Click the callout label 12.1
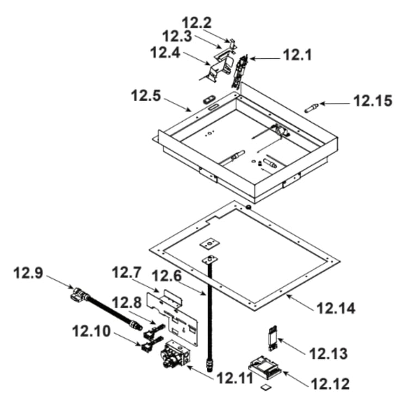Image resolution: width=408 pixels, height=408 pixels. [x=297, y=55]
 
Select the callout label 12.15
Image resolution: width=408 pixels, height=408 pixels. [x=373, y=101]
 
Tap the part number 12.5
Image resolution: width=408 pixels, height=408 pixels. [x=146, y=96]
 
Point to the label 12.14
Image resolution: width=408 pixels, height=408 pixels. [x=336, y=308]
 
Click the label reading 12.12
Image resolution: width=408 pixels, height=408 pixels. [x=330, y=384]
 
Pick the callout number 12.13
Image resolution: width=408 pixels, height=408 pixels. [x=329, y=354]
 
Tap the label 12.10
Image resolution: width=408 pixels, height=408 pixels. [x=91, y=331]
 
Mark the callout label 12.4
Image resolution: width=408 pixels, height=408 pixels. [x=165, y=53]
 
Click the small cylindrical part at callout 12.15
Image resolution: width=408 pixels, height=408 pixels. [x=312, y=108]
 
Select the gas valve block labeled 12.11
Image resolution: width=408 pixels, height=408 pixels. [x=176, y=354]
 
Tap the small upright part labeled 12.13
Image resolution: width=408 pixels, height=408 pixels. [x=273, y=338]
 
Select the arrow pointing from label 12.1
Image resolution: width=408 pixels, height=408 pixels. [x=265, y=59]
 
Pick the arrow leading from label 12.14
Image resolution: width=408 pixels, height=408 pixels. [x=300, y=301]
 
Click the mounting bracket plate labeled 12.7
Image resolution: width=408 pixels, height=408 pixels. [x=172, y=316]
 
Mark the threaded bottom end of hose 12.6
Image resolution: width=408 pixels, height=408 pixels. [x=209, y=364]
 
